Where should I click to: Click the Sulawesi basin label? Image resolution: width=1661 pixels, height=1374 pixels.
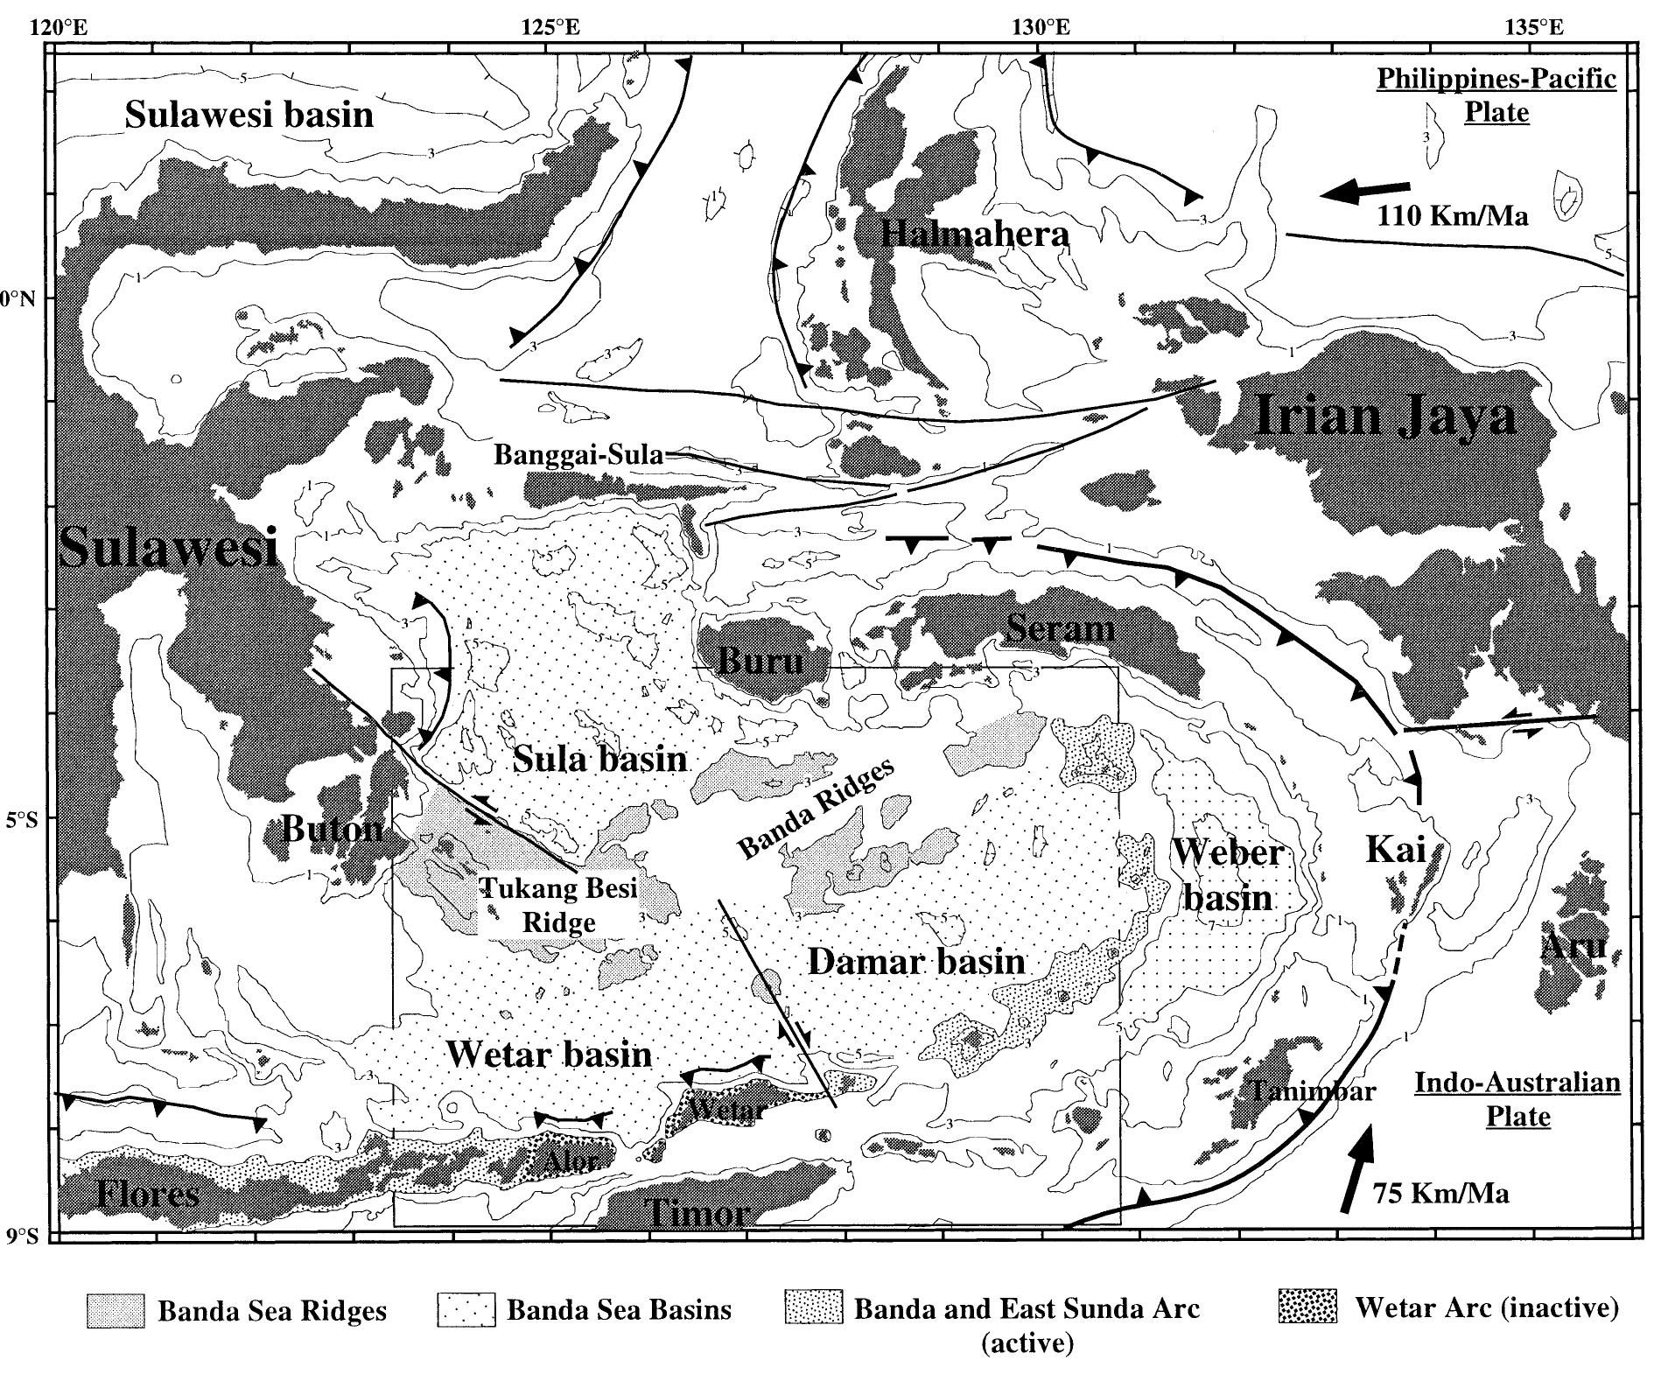click(x=249, y=115)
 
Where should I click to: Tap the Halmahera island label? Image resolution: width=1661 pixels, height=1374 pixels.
click(x=975, y=235)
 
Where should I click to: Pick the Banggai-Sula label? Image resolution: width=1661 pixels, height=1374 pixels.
click(x=578, y=455)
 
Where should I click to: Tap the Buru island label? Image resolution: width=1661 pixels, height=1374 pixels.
click(x=760, y=660)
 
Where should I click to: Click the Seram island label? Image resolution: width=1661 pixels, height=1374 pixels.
click(x=1060, y=628)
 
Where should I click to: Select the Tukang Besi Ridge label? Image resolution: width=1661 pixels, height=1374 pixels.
click(x=560, y=905)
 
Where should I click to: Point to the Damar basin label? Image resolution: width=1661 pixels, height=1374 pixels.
click(x=915, y=962)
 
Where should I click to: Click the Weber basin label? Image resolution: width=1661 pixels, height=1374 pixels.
click(x=1228, y=874)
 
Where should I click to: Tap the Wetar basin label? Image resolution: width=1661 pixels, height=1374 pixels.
click(x=549, y=1054)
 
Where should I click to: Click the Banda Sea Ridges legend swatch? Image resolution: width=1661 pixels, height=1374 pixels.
click(x=116, y=1310)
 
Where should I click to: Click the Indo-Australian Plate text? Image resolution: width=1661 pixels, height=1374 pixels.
click(x=1517, y=1099)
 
